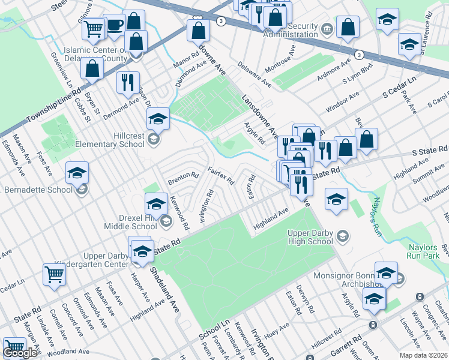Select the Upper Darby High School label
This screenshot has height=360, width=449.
(x=302, y=236)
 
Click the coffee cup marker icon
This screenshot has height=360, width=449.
(x=114, y=25)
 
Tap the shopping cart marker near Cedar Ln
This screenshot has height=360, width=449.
(x=54, y=275)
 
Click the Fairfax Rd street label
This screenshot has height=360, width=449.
(x=220, y=175)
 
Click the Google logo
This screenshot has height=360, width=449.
(x=20, y=353)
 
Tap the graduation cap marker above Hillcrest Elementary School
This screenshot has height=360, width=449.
(x=158, y=118)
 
